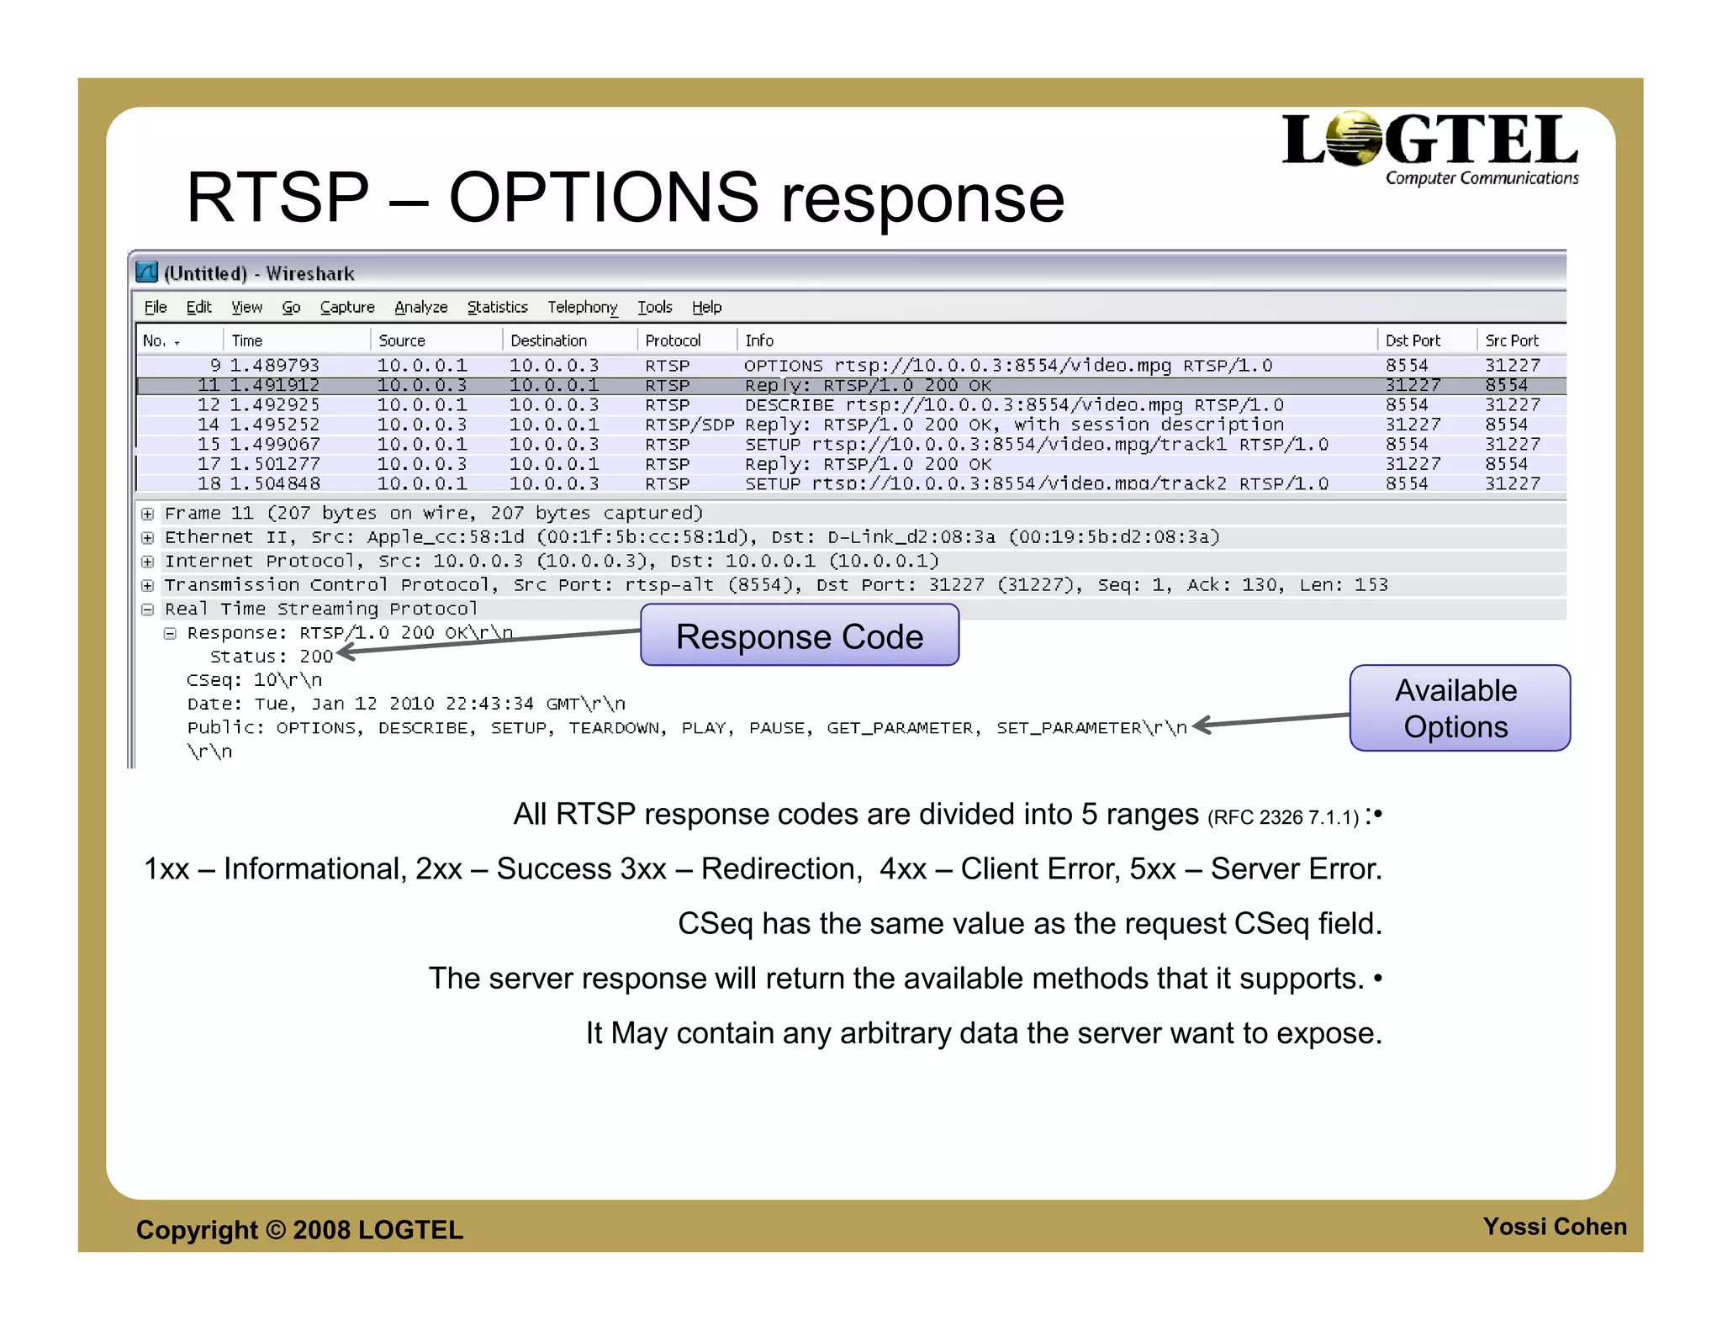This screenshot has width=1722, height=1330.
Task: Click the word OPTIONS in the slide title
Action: [603, 198]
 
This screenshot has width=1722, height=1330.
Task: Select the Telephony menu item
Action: [582, 308]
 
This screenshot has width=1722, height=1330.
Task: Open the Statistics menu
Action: [497, 308]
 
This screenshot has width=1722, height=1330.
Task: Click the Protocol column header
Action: [672, 340]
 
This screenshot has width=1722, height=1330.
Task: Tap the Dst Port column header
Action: [1412, 340]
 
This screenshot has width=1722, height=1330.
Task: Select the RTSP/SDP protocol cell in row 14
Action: [689, 425]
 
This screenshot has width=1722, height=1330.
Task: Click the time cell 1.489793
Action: [275, 366]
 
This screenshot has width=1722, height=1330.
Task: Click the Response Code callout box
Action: [799, 636]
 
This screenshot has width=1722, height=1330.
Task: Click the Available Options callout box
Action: [1459, 709]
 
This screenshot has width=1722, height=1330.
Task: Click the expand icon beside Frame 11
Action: [148, 514]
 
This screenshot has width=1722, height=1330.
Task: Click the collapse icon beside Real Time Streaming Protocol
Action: [148, 610]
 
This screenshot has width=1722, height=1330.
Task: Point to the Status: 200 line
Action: [271, 657]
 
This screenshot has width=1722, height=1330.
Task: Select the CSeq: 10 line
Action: [254, 680]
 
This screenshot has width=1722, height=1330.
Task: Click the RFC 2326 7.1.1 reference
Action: [1282, 818]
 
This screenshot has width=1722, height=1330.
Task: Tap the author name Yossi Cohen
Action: [1554, 1227]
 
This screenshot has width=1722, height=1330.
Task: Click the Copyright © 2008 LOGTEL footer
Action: [299, 1230]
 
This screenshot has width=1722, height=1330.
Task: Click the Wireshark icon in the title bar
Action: [147, 272]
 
